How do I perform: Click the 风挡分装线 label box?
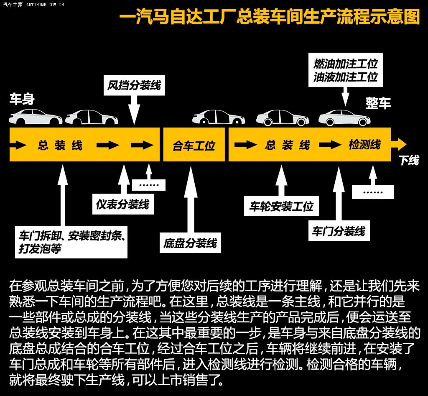click(x=134, y=85)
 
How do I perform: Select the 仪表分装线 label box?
click(x=123, y=204)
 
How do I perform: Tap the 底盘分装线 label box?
click(x=190, y=243)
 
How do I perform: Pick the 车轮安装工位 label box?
click(x=281, y=206)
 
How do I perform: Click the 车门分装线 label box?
click(x=339, y=231)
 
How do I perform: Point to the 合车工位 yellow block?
click(x=194, y=144)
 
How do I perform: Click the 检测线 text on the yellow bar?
click(x=364, y=144)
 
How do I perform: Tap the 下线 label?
click(x=409, y=160)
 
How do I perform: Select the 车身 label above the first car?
click(x=22, y=99)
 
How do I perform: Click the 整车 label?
click(x=378, y=103)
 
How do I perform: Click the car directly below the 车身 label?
click(x=36, y=117)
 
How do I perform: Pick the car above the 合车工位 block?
click(x=219, y=117)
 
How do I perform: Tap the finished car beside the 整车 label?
click(x=344, y=118)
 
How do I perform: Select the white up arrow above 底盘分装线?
click(x=191, y=199)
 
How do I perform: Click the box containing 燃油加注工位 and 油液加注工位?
click(x=346, y=70)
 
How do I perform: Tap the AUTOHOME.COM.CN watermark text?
click(x=45, y=5)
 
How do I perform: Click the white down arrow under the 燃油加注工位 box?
click(x=346, y=97)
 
